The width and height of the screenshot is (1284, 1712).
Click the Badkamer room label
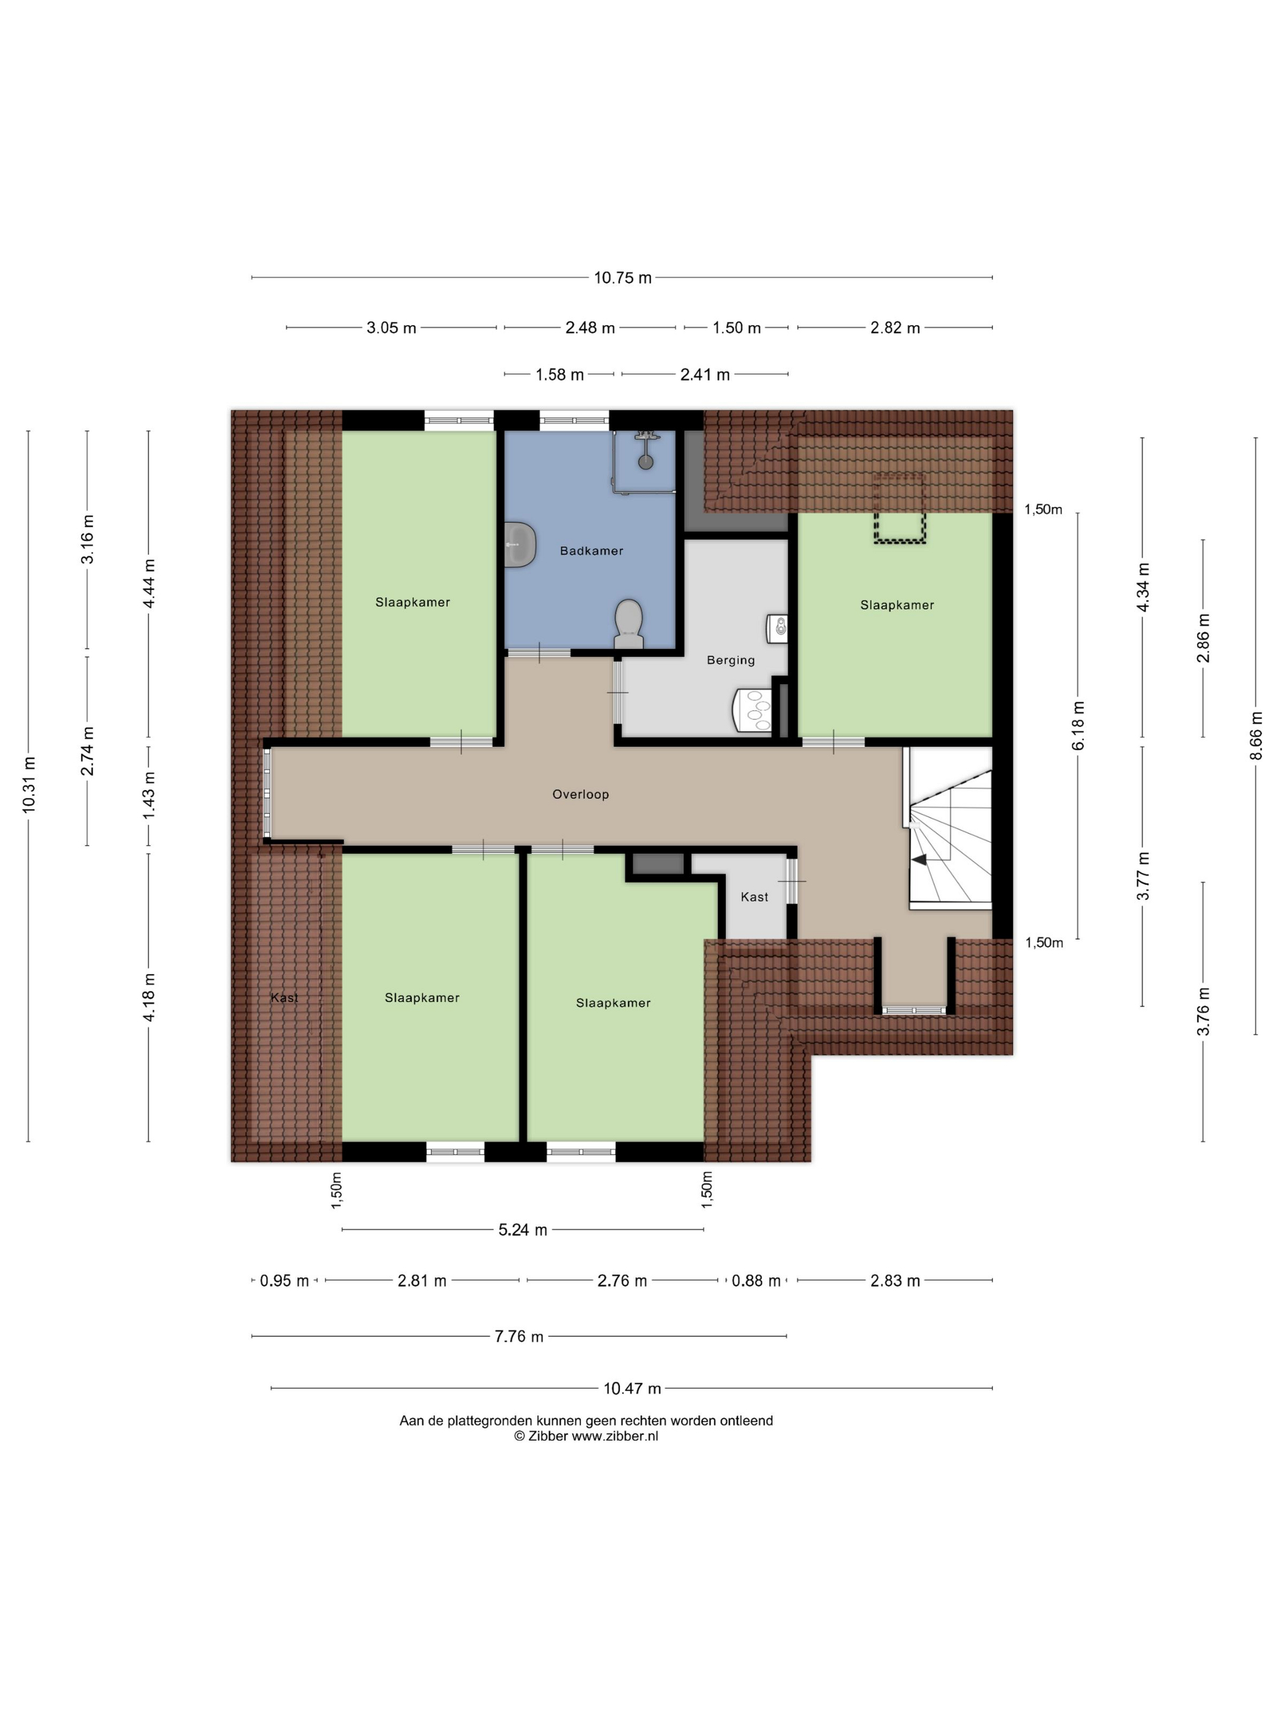coord(591,551)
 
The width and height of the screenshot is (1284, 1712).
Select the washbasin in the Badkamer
coord(520,544)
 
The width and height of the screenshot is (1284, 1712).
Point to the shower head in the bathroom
coord(646,462)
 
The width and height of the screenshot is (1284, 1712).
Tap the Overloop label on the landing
coord(580,794)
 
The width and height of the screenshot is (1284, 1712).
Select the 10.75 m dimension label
coord(622,278)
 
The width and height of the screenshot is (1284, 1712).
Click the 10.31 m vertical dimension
coord(29,785)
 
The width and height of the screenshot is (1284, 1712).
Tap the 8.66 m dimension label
coord(1255,736)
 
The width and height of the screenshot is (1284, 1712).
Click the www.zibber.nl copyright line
coord(586,1436)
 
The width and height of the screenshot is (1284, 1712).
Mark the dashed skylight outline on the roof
coord(900,509)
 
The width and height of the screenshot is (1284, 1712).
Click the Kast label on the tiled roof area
coord(284,998)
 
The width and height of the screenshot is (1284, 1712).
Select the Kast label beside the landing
coord(755,897)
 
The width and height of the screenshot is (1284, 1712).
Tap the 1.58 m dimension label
coord(559,375)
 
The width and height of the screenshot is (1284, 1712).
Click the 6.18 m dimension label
coord(1078,725)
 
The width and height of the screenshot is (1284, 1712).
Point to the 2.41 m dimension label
coord(704,375)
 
